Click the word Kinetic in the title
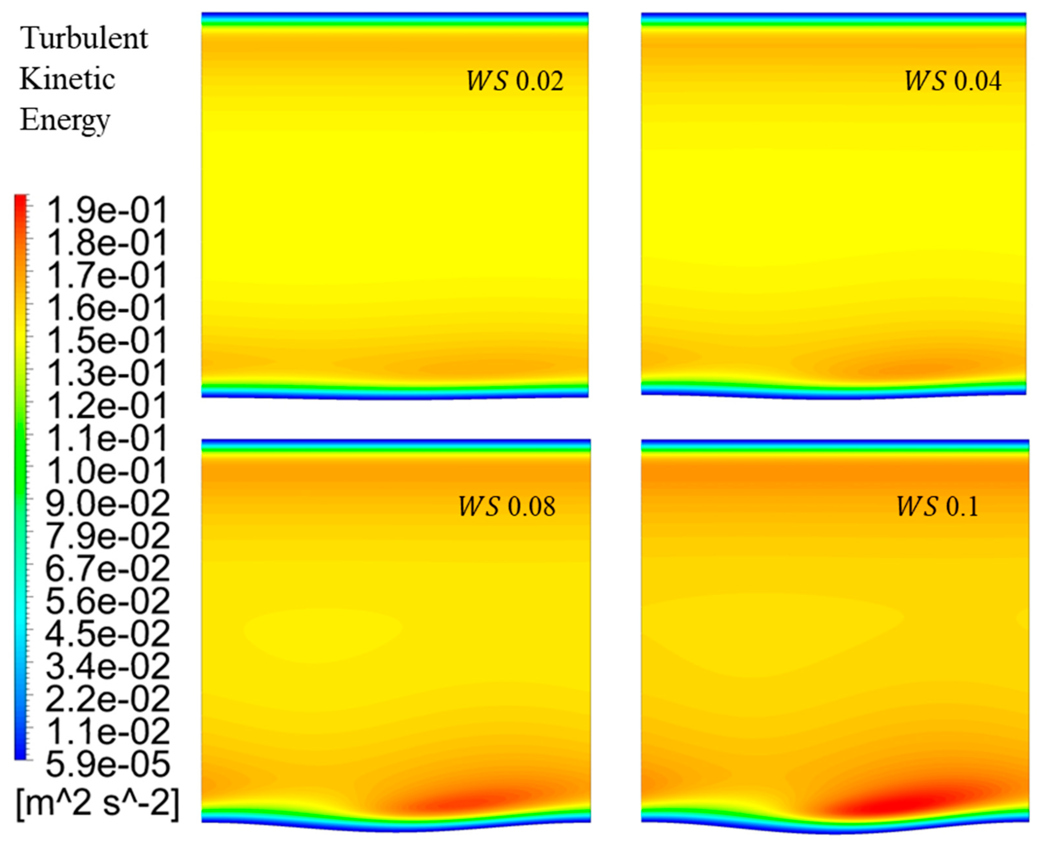(x=67, y=79)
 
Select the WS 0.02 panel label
(x=515, y=81)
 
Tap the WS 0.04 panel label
(x=952, y=81)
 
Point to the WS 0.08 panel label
(x=506, y=507)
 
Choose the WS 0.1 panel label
(x=937, y=507)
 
